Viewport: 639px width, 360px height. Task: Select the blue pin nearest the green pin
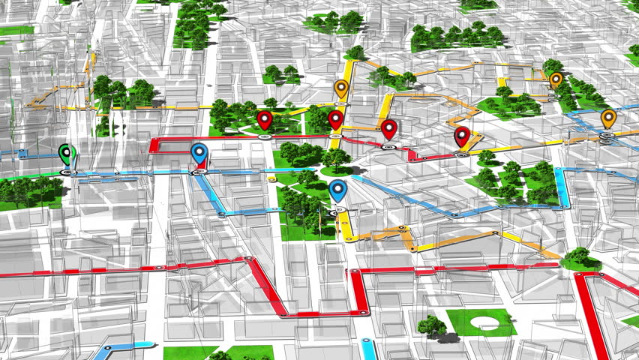[199, 154]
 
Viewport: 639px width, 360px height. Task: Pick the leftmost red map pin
[264, 119]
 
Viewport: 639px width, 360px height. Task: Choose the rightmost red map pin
[462, 136]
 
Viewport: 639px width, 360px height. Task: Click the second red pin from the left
[335, 118]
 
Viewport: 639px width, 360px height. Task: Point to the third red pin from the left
[388, 128]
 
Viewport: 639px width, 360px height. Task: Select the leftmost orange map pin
[341, 89]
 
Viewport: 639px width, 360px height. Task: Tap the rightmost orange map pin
[608, 118]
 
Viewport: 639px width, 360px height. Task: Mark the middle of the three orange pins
[556, 79]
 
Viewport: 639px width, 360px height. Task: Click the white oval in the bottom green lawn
[486, 323]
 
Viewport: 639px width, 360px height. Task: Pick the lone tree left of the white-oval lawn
[431, 325]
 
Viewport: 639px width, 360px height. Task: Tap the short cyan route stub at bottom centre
[367, 349]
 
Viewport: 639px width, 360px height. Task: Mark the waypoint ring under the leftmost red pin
[264, 136]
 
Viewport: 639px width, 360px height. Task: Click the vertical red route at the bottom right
[590, 315]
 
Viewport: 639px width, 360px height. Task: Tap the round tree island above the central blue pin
[335, 159]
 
